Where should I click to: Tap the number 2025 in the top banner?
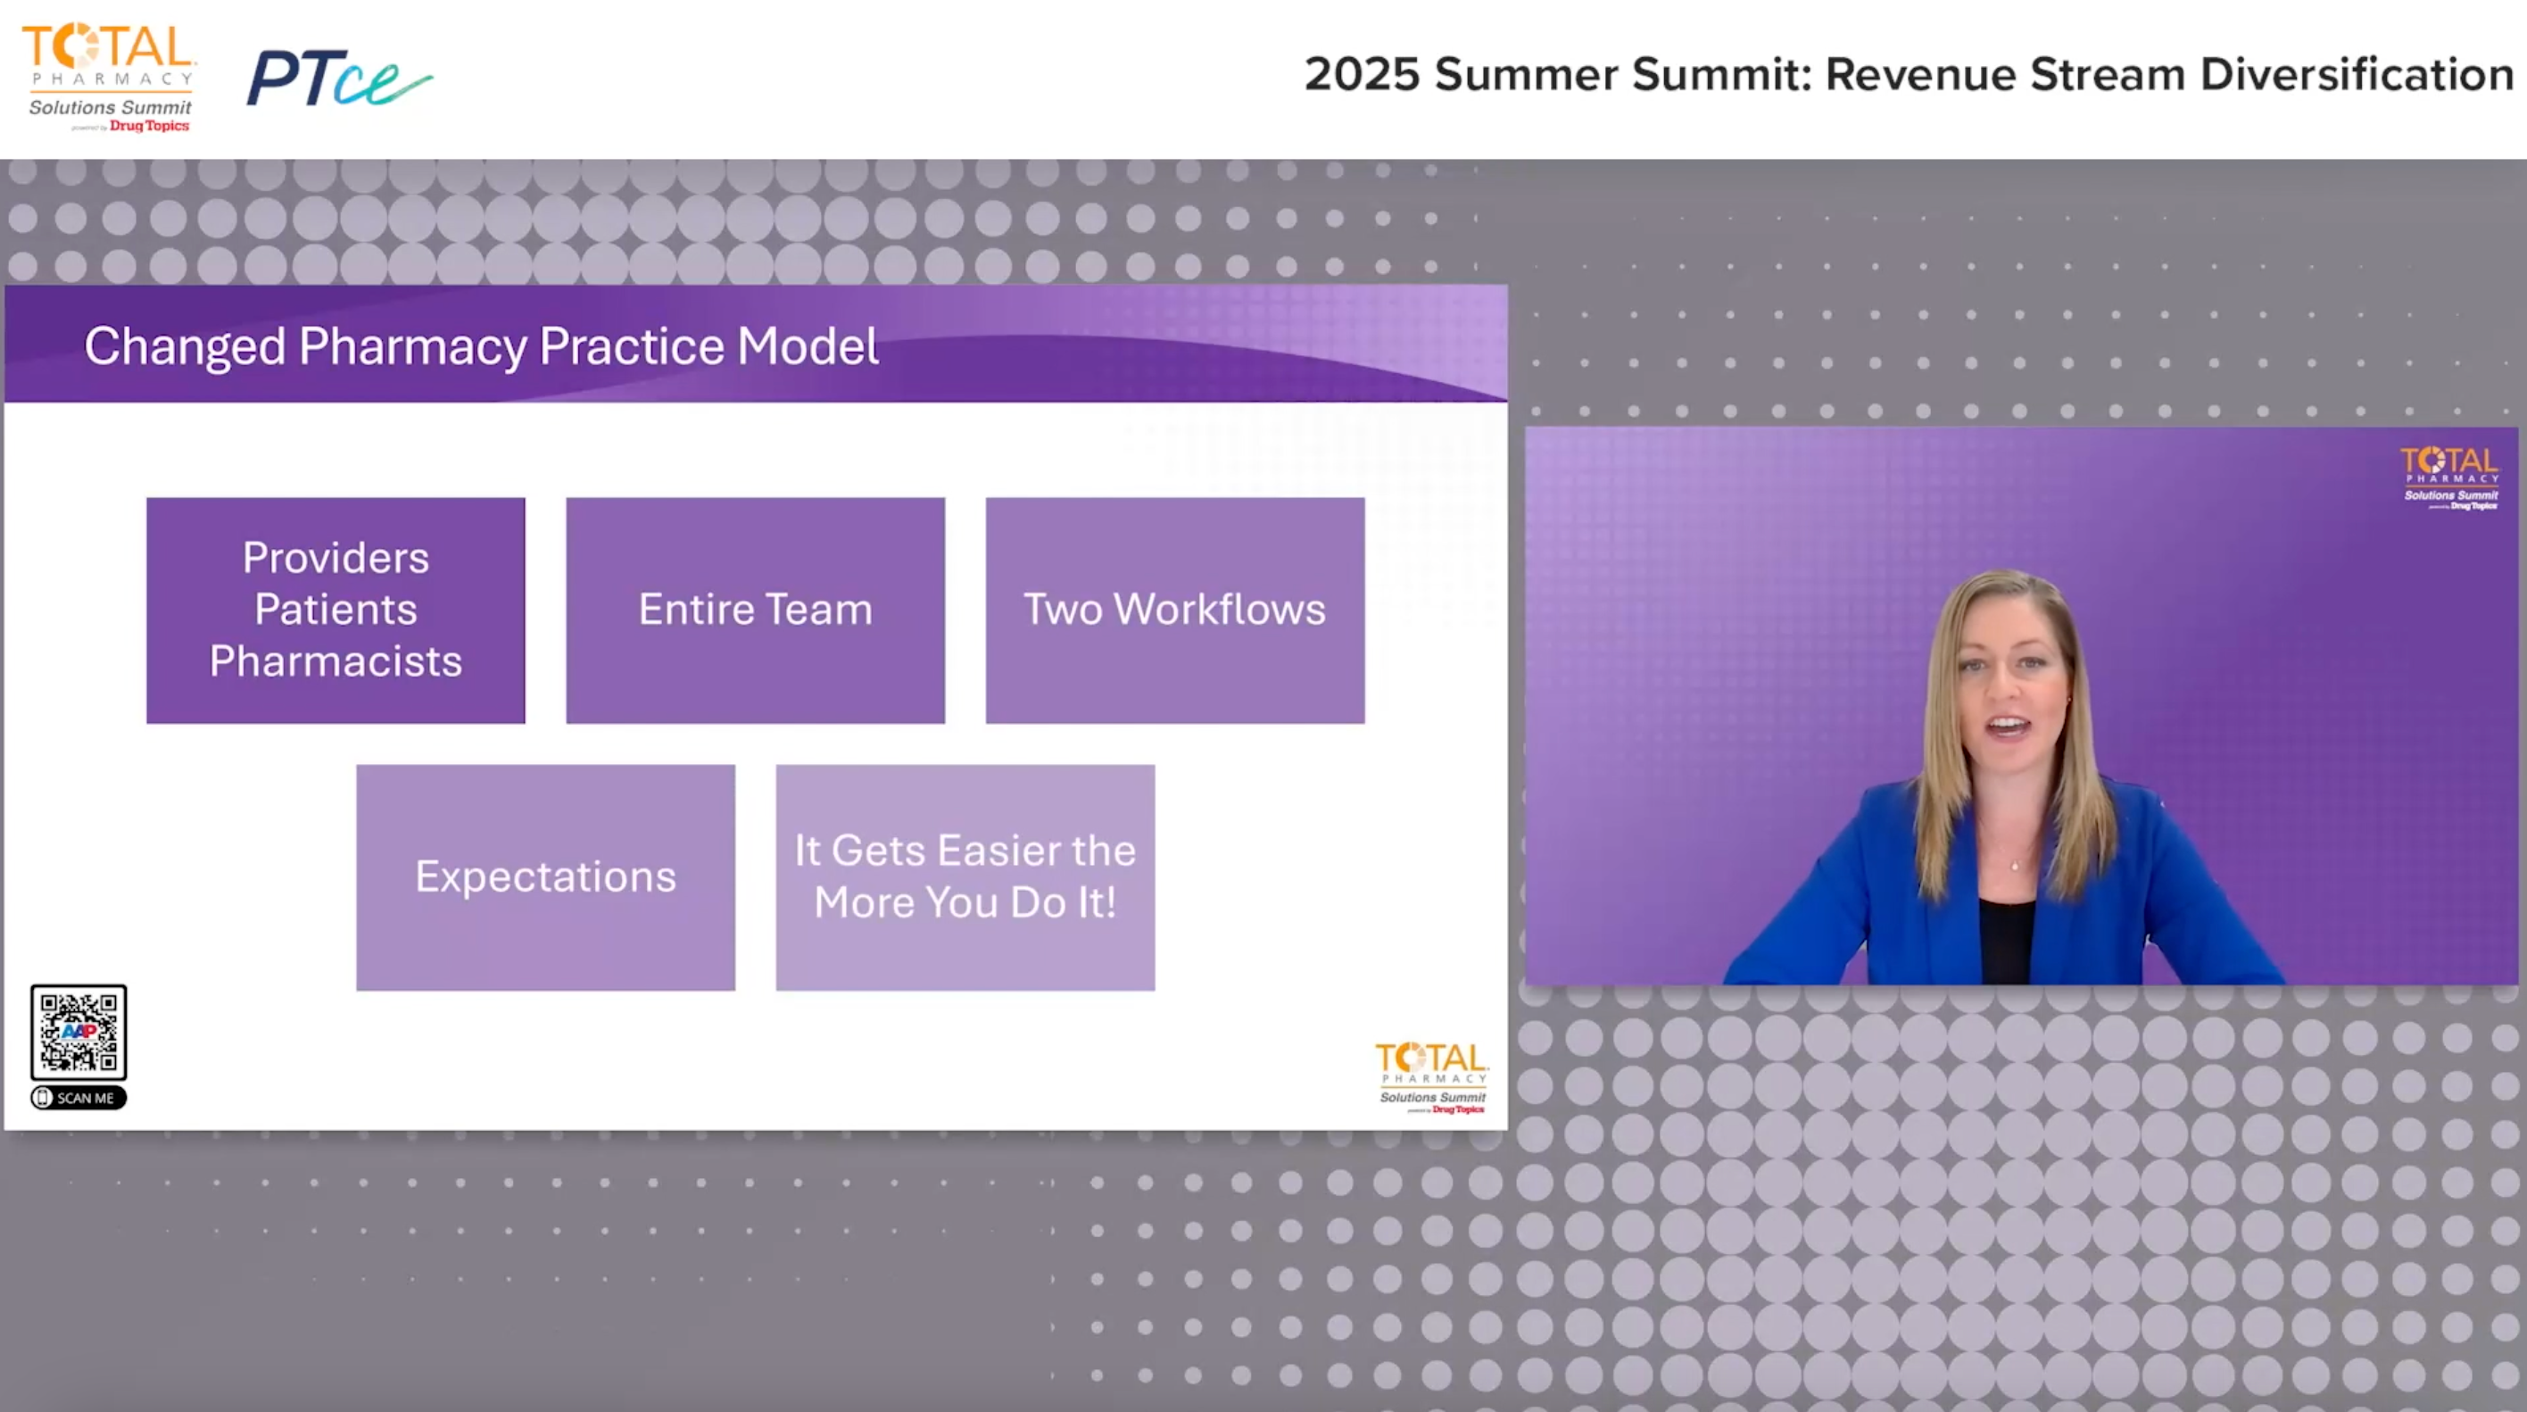click(1362, 75)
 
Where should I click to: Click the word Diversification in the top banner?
click(2357, 75)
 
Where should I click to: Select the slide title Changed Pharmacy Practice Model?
click(481, 346)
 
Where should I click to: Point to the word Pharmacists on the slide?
click(336, 661)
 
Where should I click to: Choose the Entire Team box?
click(756, 610)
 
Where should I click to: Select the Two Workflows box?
click(1174, 610)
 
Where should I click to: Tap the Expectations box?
click(545, 877)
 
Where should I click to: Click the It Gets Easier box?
click(965, 877)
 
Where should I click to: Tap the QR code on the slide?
click(79, 1033)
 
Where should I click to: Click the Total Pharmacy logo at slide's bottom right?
click(1431, 1077)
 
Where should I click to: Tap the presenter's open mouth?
click(2007, 727)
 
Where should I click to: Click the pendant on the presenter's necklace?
click(2015, 866)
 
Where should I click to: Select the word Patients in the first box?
click(336, 610)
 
